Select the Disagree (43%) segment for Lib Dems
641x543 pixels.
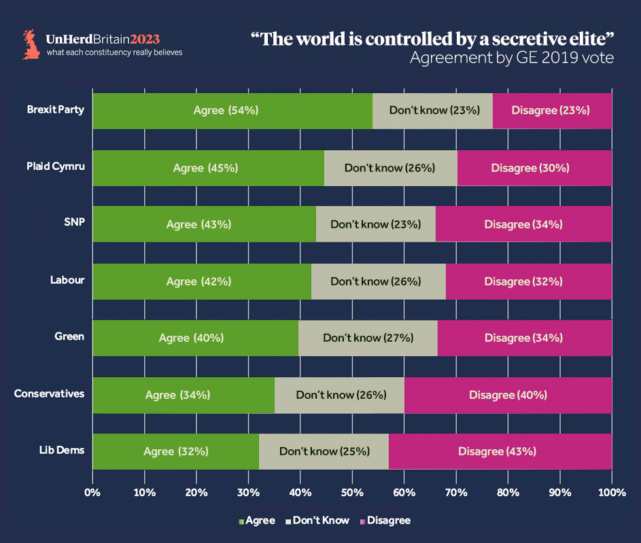click(500, 451)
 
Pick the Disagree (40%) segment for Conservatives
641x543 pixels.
click(508, 395)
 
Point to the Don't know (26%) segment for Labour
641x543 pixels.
click(378, 281)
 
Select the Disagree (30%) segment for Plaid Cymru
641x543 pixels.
click(534, 168)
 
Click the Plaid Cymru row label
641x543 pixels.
click(56, 167)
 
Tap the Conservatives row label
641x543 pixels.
click(49, 393)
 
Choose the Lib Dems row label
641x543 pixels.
click(64, 450)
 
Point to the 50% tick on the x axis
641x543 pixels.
click(352, 491)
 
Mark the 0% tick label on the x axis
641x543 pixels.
click(92, 491)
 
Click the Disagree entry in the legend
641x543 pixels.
click(385, 521)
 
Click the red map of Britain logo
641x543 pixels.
click(31, 44)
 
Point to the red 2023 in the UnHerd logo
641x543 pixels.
click(145, 39)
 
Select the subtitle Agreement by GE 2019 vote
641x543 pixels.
click(511, 58)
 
